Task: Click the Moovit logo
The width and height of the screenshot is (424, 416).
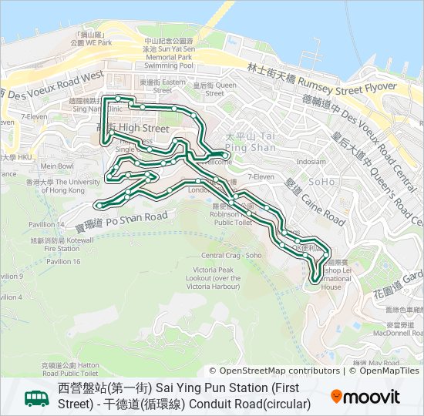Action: [x=365, y=397]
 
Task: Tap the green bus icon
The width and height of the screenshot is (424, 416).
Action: [x=36, y=398]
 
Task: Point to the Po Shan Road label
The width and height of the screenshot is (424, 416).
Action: [x=121, y=220]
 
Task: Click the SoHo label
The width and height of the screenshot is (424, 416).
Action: [x=321, y=182]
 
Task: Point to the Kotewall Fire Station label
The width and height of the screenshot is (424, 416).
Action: [x=62, y=245]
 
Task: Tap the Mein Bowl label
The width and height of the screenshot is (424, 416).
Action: [x=57, y=166]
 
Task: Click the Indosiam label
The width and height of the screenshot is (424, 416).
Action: [x=311, y=162]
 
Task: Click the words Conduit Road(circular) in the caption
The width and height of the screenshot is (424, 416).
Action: [x=252, y=404]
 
